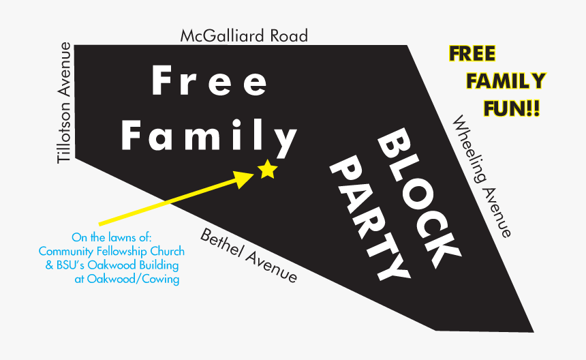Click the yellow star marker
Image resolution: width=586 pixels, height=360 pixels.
click(x=267, y=169)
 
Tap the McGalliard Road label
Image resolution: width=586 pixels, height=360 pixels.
click(x=243, y=35)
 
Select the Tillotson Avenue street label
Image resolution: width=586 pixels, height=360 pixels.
click(x=65, y=103)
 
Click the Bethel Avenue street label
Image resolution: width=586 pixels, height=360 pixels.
click(x=249, y=256)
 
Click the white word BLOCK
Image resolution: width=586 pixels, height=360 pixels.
click(x=416, y=198)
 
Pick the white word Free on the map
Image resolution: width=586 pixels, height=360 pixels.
click(x=209, y=81)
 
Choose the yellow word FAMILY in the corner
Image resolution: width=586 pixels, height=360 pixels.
click(x=506, y=81)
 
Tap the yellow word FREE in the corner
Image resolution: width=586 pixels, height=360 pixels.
click(x=472, y=53)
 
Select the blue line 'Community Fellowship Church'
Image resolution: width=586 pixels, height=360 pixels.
click(x=112, y=252)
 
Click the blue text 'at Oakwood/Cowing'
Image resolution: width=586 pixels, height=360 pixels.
click(x=127, y=279)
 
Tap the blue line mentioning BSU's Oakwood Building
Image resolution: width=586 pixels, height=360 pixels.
click(x=112, y=265)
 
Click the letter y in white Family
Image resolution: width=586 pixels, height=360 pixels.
click(x=286, y=140)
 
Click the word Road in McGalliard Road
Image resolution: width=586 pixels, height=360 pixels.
click(x=286, y=35)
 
